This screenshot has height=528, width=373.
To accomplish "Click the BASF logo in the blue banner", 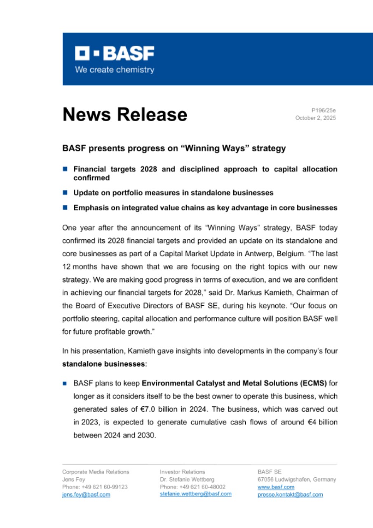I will (115, 54).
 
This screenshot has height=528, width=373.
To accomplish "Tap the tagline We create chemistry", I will (115, 70).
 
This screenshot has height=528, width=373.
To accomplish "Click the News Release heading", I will (124, 114).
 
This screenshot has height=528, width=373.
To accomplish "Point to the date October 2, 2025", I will (315, 118).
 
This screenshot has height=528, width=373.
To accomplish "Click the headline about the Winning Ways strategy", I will (174, 148).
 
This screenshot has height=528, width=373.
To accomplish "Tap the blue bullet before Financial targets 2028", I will (65, 169).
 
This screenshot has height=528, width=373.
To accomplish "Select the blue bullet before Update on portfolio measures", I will (65, 193).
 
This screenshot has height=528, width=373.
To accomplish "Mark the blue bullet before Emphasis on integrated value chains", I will (65, 208).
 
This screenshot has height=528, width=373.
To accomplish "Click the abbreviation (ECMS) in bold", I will (313, 383).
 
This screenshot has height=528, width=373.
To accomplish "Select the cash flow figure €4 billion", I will (315, 422).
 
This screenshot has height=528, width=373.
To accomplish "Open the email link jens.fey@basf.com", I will (86, 494).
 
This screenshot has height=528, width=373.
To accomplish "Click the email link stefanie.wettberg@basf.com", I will (196, 494).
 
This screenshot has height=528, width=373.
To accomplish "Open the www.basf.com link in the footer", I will (276, 487).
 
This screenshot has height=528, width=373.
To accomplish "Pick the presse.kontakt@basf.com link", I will (290, 494).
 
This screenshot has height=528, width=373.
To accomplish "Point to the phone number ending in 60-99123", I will (95, 487).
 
